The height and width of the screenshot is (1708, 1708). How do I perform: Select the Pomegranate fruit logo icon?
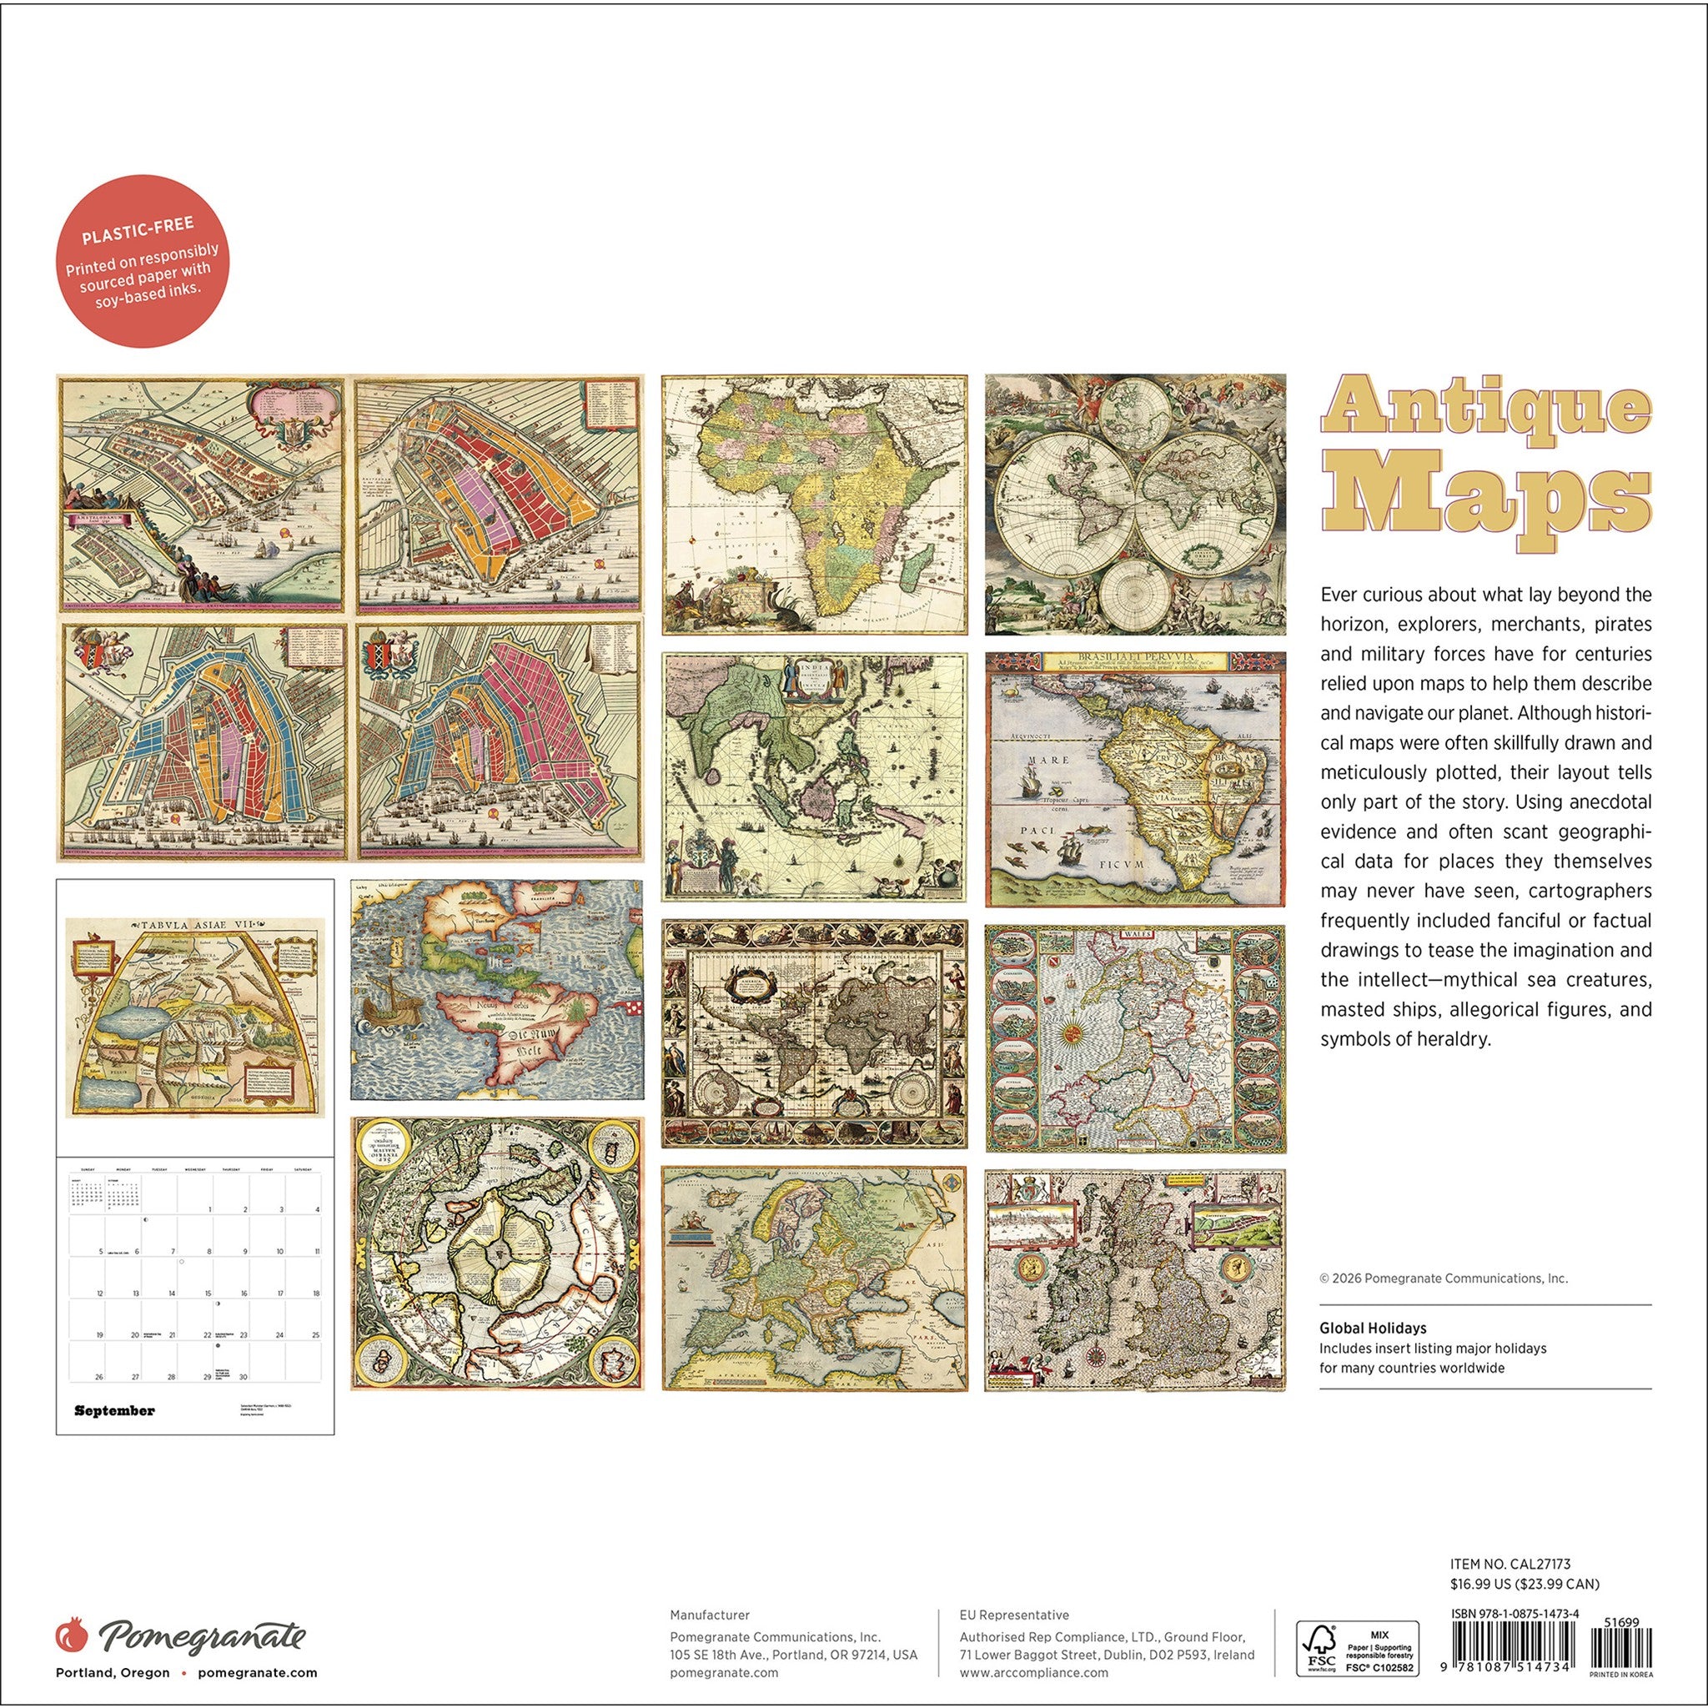pos(72,1634)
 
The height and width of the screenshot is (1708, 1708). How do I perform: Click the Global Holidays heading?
pos(1372,1328)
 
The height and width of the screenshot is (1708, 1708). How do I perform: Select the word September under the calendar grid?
pos(114,1410)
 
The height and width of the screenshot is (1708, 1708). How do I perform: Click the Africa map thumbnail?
pos(814,505)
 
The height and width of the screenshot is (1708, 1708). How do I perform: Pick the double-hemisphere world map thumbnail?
pos(1135,504)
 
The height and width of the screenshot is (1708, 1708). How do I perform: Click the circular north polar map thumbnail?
pos(497,1253)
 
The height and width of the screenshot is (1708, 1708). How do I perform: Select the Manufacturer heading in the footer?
pos(709,1615)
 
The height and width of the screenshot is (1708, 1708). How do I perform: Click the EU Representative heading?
pos(1013,1615)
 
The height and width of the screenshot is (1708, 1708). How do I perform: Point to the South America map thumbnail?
pos(1135,779)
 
